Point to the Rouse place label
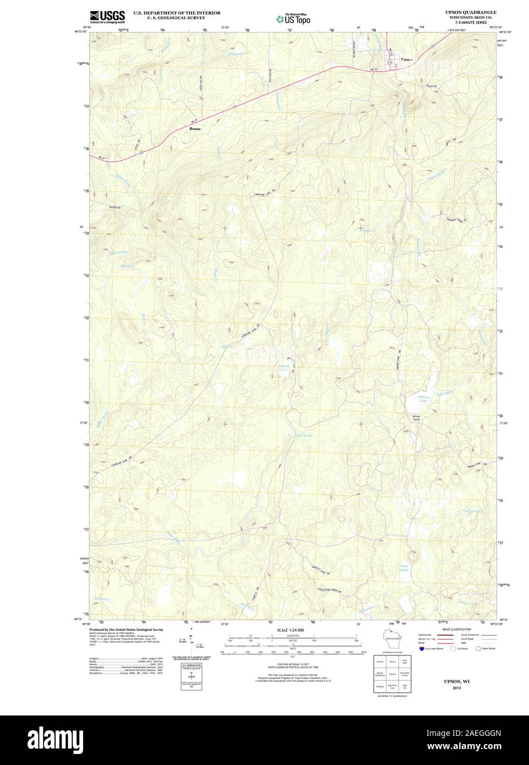pyautogui.click(x=195, y=129)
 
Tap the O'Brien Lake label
pyautogui.click(x=423, y=398)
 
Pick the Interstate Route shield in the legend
pyautogui.click(x=422, y=649)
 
